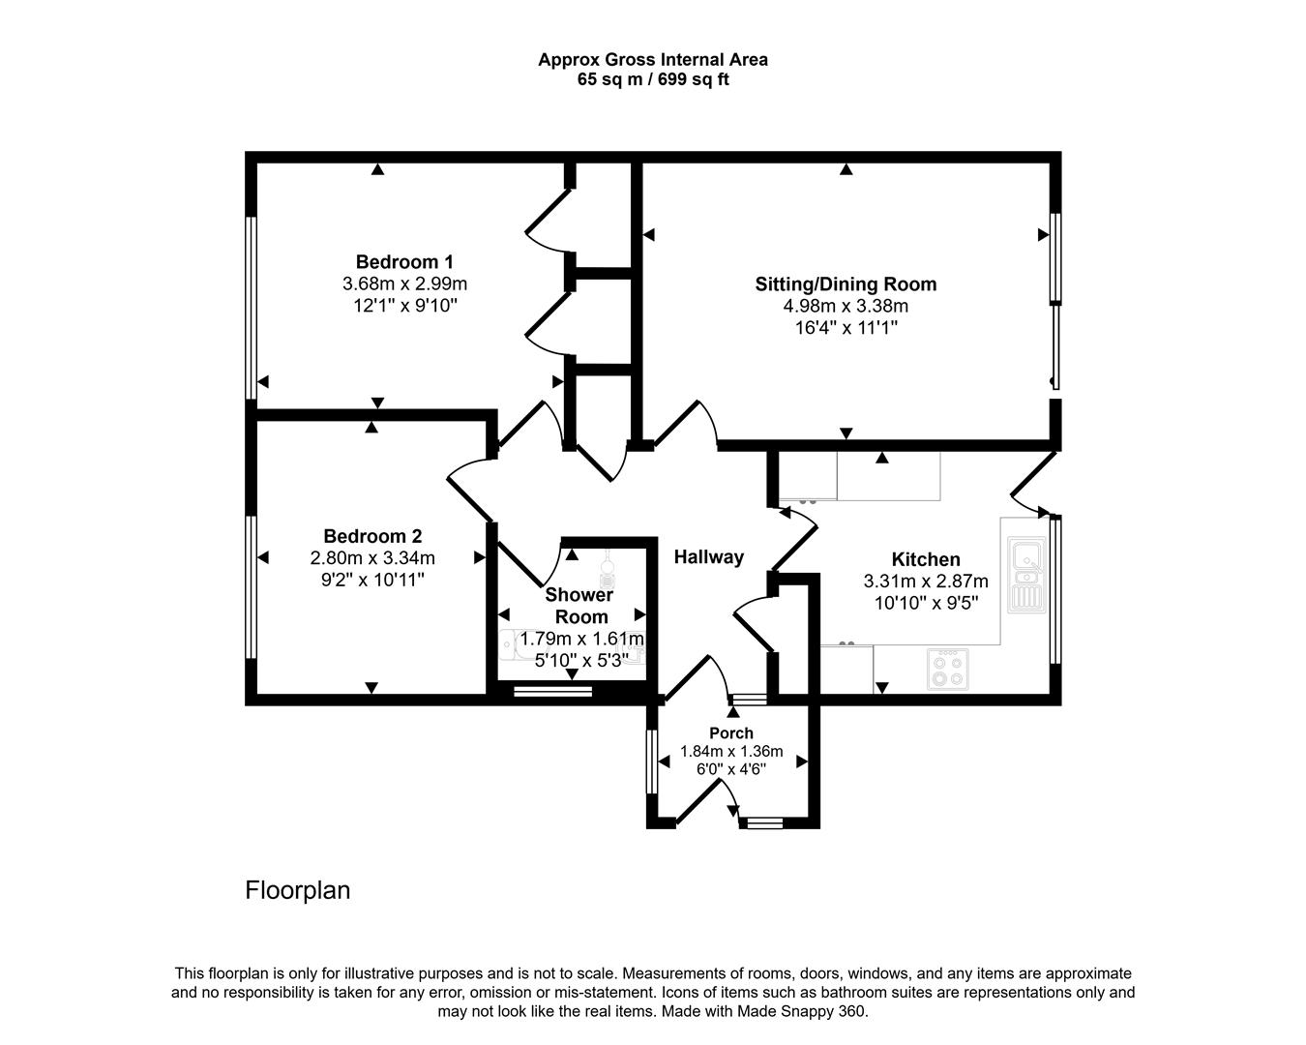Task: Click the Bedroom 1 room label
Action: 404,261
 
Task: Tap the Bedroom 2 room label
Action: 372,536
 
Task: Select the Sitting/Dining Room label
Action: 846,284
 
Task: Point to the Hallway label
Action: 709,556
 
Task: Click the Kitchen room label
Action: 926,559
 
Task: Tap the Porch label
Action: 731,732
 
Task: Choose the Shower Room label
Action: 579,606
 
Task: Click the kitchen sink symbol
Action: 1026,574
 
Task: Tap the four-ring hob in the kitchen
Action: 947,670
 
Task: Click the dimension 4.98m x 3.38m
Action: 846,306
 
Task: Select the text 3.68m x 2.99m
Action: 404,284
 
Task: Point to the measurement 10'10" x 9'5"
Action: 927,603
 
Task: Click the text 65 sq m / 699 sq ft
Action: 653,79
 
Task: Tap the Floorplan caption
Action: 297,891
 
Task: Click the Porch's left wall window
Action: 652,761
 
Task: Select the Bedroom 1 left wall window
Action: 251,308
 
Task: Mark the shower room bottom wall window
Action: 552,691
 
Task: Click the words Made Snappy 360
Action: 802,1011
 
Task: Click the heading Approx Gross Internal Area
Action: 653,60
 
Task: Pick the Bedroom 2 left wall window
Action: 251,587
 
